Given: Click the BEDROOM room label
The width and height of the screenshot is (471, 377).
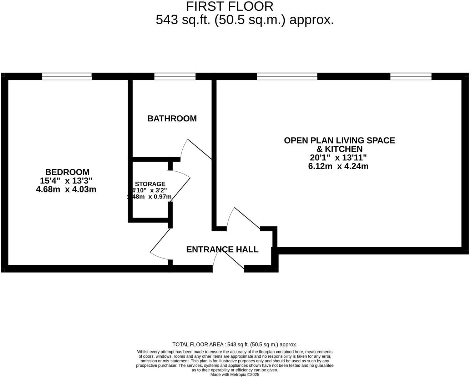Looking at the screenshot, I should pos(67,172).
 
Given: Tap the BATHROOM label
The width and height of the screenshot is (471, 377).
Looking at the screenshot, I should pos(172,119).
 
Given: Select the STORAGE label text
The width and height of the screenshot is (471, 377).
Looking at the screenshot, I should pos(150,184).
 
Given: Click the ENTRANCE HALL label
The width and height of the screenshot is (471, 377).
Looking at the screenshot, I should pos(222,250).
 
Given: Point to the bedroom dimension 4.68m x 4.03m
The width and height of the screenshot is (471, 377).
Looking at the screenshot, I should pos(66,189).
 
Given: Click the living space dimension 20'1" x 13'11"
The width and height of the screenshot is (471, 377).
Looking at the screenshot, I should pos(338,157).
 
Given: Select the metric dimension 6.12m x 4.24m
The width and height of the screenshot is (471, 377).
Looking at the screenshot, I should pos(338,166).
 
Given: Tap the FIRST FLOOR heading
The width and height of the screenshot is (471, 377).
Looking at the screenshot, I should pos(229,6).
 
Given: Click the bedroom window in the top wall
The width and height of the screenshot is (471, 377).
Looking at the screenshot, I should pos(67,76).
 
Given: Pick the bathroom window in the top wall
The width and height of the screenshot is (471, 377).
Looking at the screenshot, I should pos(175,76).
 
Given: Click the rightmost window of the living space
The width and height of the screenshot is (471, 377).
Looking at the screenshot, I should pos(411,76).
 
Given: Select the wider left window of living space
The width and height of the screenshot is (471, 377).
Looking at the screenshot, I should pos(287,76).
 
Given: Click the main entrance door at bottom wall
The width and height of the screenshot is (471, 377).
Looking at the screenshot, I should pos(228,259).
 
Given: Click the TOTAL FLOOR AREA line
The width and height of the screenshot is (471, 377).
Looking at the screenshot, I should pos(235,345).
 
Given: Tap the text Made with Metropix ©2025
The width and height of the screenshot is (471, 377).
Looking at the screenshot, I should pos(235,375).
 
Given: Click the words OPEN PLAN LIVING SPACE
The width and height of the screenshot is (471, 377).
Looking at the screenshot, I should pos(339,140).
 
